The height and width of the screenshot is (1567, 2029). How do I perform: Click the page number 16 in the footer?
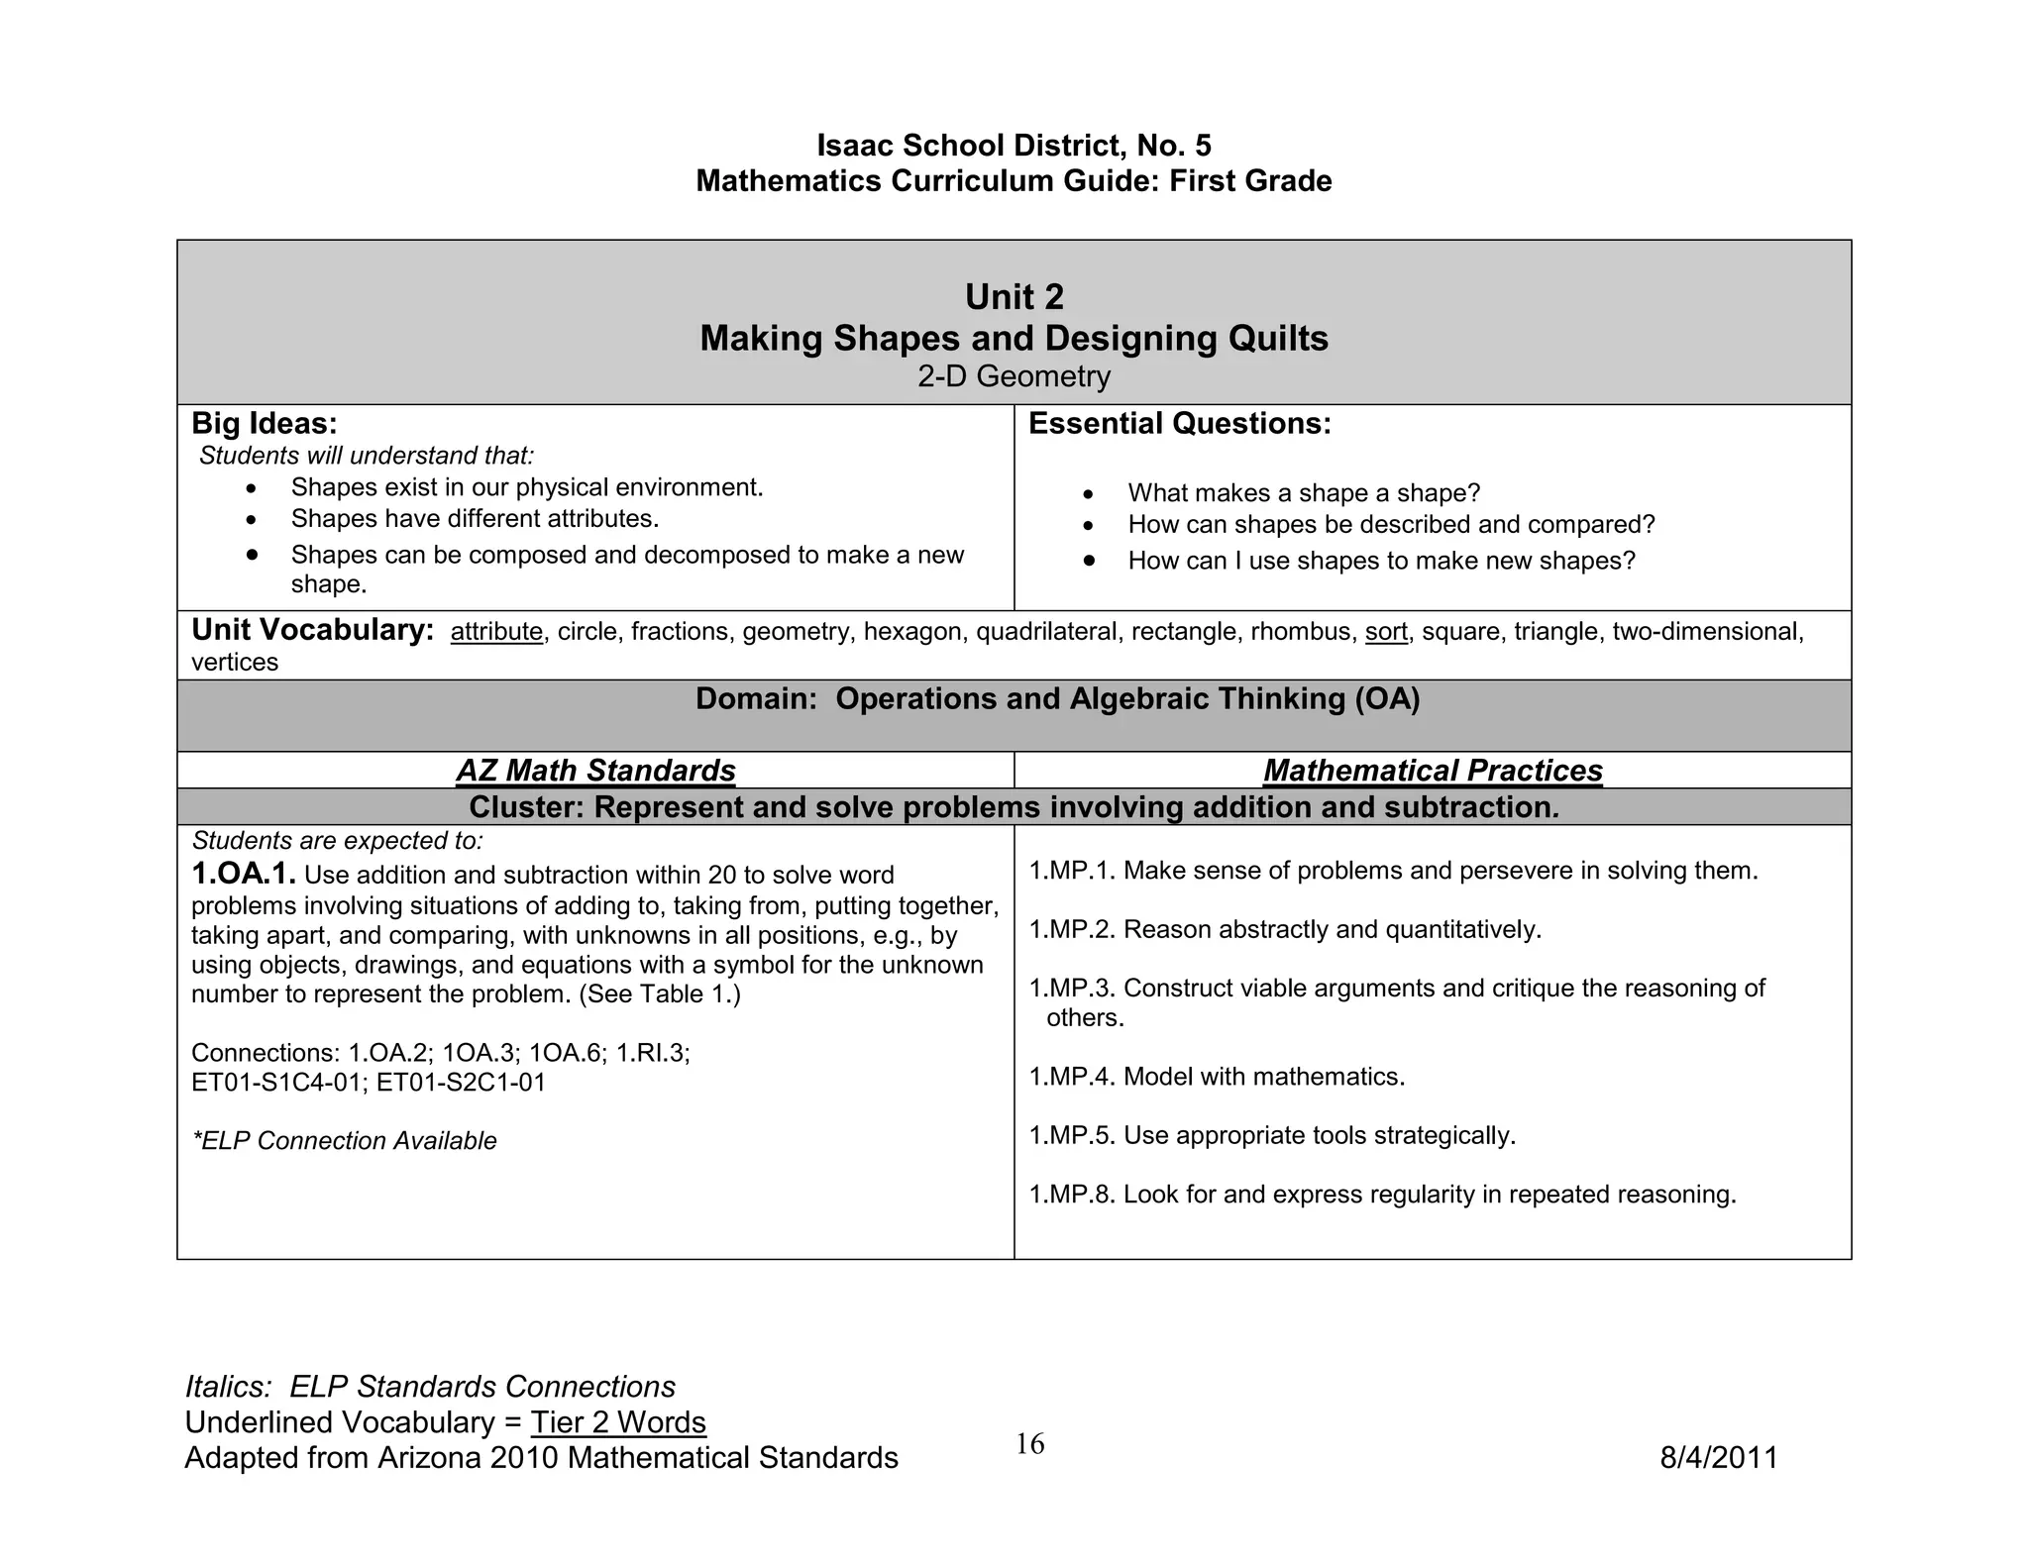pos(1029,1444)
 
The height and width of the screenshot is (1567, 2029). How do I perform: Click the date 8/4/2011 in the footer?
pos(1718,1458)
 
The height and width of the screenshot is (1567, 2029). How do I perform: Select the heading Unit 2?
pos(1014,297)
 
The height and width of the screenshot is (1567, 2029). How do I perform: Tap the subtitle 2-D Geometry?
pos(1014,376)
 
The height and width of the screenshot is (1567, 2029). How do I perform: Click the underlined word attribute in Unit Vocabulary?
pos(496,632)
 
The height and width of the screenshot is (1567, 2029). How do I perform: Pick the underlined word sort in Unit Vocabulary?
pos(1386,632)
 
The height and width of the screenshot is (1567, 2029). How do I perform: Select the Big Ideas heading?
pos(264,424)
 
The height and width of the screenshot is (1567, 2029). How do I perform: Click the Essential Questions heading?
pos(1179,424)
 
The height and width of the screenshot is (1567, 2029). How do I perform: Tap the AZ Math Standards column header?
pos(595,771)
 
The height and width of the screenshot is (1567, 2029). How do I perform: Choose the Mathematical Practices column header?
pos(1433,771)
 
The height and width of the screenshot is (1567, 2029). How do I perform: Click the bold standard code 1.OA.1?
pos(244,874)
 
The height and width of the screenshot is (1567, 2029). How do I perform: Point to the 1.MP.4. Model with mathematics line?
pos(1217,1077)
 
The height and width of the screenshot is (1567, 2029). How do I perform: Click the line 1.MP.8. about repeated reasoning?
pos(1382,1195)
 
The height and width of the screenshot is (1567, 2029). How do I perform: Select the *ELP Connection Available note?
pos(344,1141)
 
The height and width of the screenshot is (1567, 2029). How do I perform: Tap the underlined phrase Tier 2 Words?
pos(618,1422)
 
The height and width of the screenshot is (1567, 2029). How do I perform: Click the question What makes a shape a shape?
pos(1303,493)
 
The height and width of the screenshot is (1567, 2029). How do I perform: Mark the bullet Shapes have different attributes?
pos(475,519)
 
